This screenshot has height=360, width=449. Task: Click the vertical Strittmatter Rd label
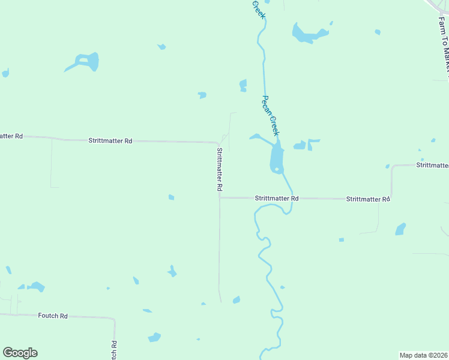(220, 169)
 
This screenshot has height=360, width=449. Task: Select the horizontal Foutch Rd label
(53, 315)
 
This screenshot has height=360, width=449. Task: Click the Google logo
(20, 353)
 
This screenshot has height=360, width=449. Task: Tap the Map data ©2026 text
(423, 355)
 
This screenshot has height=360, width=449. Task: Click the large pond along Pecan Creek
(277, 157)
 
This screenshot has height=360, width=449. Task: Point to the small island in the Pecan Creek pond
(276, 169)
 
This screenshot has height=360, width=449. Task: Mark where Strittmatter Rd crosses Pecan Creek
(292, 198)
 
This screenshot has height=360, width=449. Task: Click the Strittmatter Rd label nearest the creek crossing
(276, 198)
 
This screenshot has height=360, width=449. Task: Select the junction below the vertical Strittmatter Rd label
(220, 197)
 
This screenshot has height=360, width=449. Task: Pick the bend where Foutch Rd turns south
(114, 319)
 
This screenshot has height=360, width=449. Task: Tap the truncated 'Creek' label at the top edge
(258, 8)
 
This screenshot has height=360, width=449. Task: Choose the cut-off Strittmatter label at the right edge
(432, 165)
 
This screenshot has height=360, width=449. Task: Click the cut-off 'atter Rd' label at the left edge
(11, 136)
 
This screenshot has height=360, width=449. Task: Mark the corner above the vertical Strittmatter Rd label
(217, 143)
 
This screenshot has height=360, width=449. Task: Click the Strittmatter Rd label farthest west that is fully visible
(110, 140)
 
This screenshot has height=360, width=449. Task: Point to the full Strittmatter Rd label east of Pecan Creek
(368, 199)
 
